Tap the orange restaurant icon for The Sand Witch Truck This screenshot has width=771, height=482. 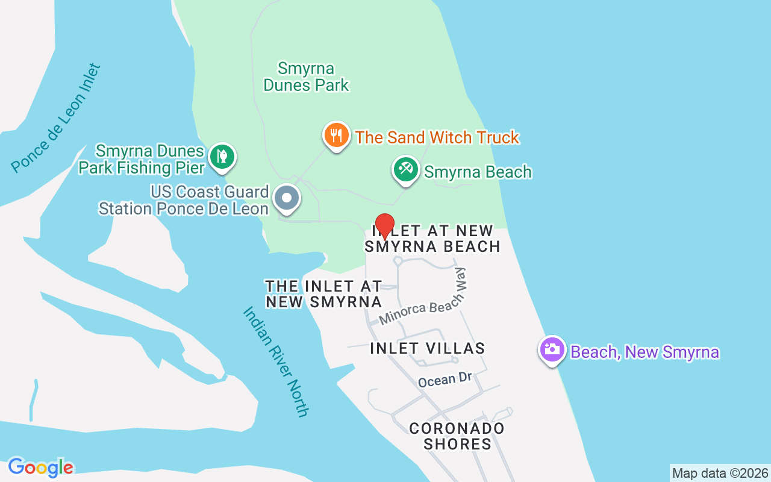click(336, 136)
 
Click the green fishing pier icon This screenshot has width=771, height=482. click(222, 157)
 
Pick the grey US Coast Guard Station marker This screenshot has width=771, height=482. click(287, 198)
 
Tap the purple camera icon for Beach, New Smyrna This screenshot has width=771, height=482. click(552, 349)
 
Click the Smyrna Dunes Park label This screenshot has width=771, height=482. click(306, 77)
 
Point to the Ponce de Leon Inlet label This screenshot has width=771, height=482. click(55, 118)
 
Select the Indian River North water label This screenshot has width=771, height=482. click(276, 361)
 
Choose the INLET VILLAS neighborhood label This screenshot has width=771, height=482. click(427, 348)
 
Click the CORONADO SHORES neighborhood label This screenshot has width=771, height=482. click(457, 436)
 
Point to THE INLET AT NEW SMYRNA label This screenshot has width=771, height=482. click(324, 293)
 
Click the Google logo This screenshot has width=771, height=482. click(40, 467)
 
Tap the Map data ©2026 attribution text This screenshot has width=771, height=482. click(720, 473)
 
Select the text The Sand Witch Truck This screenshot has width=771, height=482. click(437, 137)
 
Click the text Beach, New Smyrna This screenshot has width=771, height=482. click(645, 351)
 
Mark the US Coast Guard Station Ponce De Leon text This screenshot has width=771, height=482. click(184, 201)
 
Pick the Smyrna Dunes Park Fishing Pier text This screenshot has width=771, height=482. click(142, 158)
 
